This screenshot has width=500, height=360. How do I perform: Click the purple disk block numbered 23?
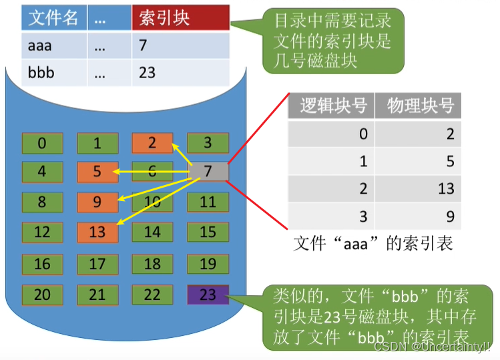pyautogui.click(x=208, y=295)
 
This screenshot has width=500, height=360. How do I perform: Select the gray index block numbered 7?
pyautogui.click(x=208, y=172)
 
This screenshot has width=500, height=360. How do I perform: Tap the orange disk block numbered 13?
pyautogui.click(x=97, y=232)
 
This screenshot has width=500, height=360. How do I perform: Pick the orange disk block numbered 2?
pyautogui.click(x=152, y=143)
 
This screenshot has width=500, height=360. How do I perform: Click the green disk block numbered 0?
pyautogui.click(x=43, y=143)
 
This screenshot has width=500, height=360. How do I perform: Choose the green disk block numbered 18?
pyautogui.click(x=152, y=264)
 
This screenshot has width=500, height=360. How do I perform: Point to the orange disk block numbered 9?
pyautogui.click(x=97, y=202)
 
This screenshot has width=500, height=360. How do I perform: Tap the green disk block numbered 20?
pyautogui.click(x=43, y=295)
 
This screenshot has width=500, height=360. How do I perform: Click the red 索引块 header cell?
pyautogui.click(x=181, y=17)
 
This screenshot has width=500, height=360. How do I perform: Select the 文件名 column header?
pyautogui.click(x=54, y=17)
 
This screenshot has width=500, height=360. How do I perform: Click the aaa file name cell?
pyautogui.click(x=54, y=45)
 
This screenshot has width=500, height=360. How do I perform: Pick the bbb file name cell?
pyautogui.click(x=54, y=73)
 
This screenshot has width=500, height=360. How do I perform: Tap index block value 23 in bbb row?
pyautogui.click(x=147, y=73)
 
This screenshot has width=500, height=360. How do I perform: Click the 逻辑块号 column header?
pyautogui.click(x=331, y=106)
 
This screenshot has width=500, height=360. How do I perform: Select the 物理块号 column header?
pyautogui.click(x=418, y=106)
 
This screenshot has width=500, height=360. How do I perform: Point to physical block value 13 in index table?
pyautogui.click(x=446, y=188)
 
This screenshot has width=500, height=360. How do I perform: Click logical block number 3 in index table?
pyautogui.click(x=364, y=216)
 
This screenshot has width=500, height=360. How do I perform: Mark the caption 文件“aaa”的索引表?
pyautogui.click(x=372, y=244)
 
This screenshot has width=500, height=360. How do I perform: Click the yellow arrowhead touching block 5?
pyautogui.click(x=116, y=172)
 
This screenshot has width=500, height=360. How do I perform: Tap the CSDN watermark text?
pyautogui.click(x=433, y=346)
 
